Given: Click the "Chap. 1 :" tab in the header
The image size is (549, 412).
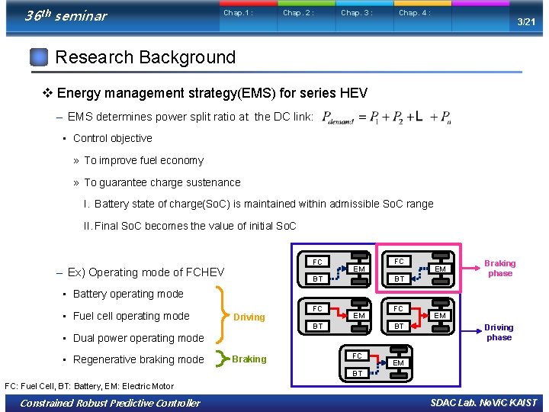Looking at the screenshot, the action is (238, 13).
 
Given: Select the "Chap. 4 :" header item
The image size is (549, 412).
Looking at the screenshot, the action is (414, 13).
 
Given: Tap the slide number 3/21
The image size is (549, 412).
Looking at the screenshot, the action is (526, 22).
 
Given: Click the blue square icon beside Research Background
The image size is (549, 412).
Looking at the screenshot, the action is (39, 57).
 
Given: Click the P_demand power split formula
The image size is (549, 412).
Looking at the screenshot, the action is (387, 117).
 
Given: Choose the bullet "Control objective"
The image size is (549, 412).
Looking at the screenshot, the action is (112, 138).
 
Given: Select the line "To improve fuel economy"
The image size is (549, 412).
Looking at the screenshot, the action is (143, 160).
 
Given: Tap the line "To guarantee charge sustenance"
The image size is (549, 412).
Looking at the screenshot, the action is (162, 182).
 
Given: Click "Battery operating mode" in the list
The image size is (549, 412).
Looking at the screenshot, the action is (128, 294).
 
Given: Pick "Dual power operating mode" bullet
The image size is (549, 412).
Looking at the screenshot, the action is (138, 338).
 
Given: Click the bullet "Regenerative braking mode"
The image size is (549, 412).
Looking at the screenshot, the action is (138, 359).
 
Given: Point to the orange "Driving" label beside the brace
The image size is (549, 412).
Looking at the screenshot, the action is (249, 317).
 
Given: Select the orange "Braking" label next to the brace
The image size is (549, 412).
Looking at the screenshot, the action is (249, 359).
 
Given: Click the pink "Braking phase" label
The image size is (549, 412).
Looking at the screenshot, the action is (500, 268).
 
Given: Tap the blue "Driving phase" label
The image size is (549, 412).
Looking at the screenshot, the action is (499, 332).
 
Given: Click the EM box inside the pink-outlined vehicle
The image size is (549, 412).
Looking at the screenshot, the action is (440, 269).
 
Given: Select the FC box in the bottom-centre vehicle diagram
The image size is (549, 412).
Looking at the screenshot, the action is (357, 356).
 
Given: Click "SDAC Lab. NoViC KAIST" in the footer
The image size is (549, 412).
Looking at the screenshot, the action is (483, 403).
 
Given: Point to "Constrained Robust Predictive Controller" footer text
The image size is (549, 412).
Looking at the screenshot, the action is (111, 403).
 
